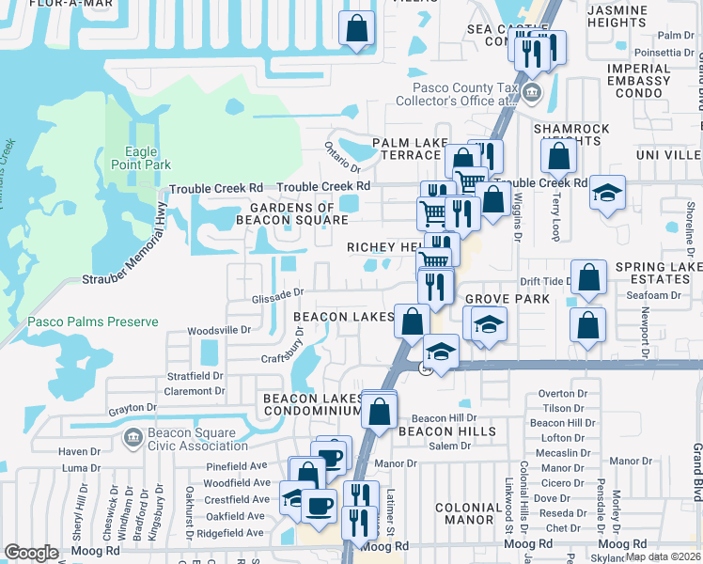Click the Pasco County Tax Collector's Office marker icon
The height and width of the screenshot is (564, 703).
pyautogui.click(x=533, y=93)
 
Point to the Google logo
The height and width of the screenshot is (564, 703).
pyautogui.click(x=31, y=553)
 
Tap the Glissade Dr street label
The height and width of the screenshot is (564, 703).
pyautogui.click(x=274, y=295)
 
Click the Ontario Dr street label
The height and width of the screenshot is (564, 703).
pyautogui.click(x=342, y=156)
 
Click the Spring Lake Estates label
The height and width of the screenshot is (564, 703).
pyautogui.click(x=659, y=274)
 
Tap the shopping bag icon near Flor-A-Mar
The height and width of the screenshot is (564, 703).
pyautogui.click(x=358, y=28)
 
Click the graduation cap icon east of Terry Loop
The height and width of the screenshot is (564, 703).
pyautogui.click(x=607, y=193)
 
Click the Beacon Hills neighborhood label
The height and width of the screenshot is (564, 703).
pyautogui.click(x=446, y=431)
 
